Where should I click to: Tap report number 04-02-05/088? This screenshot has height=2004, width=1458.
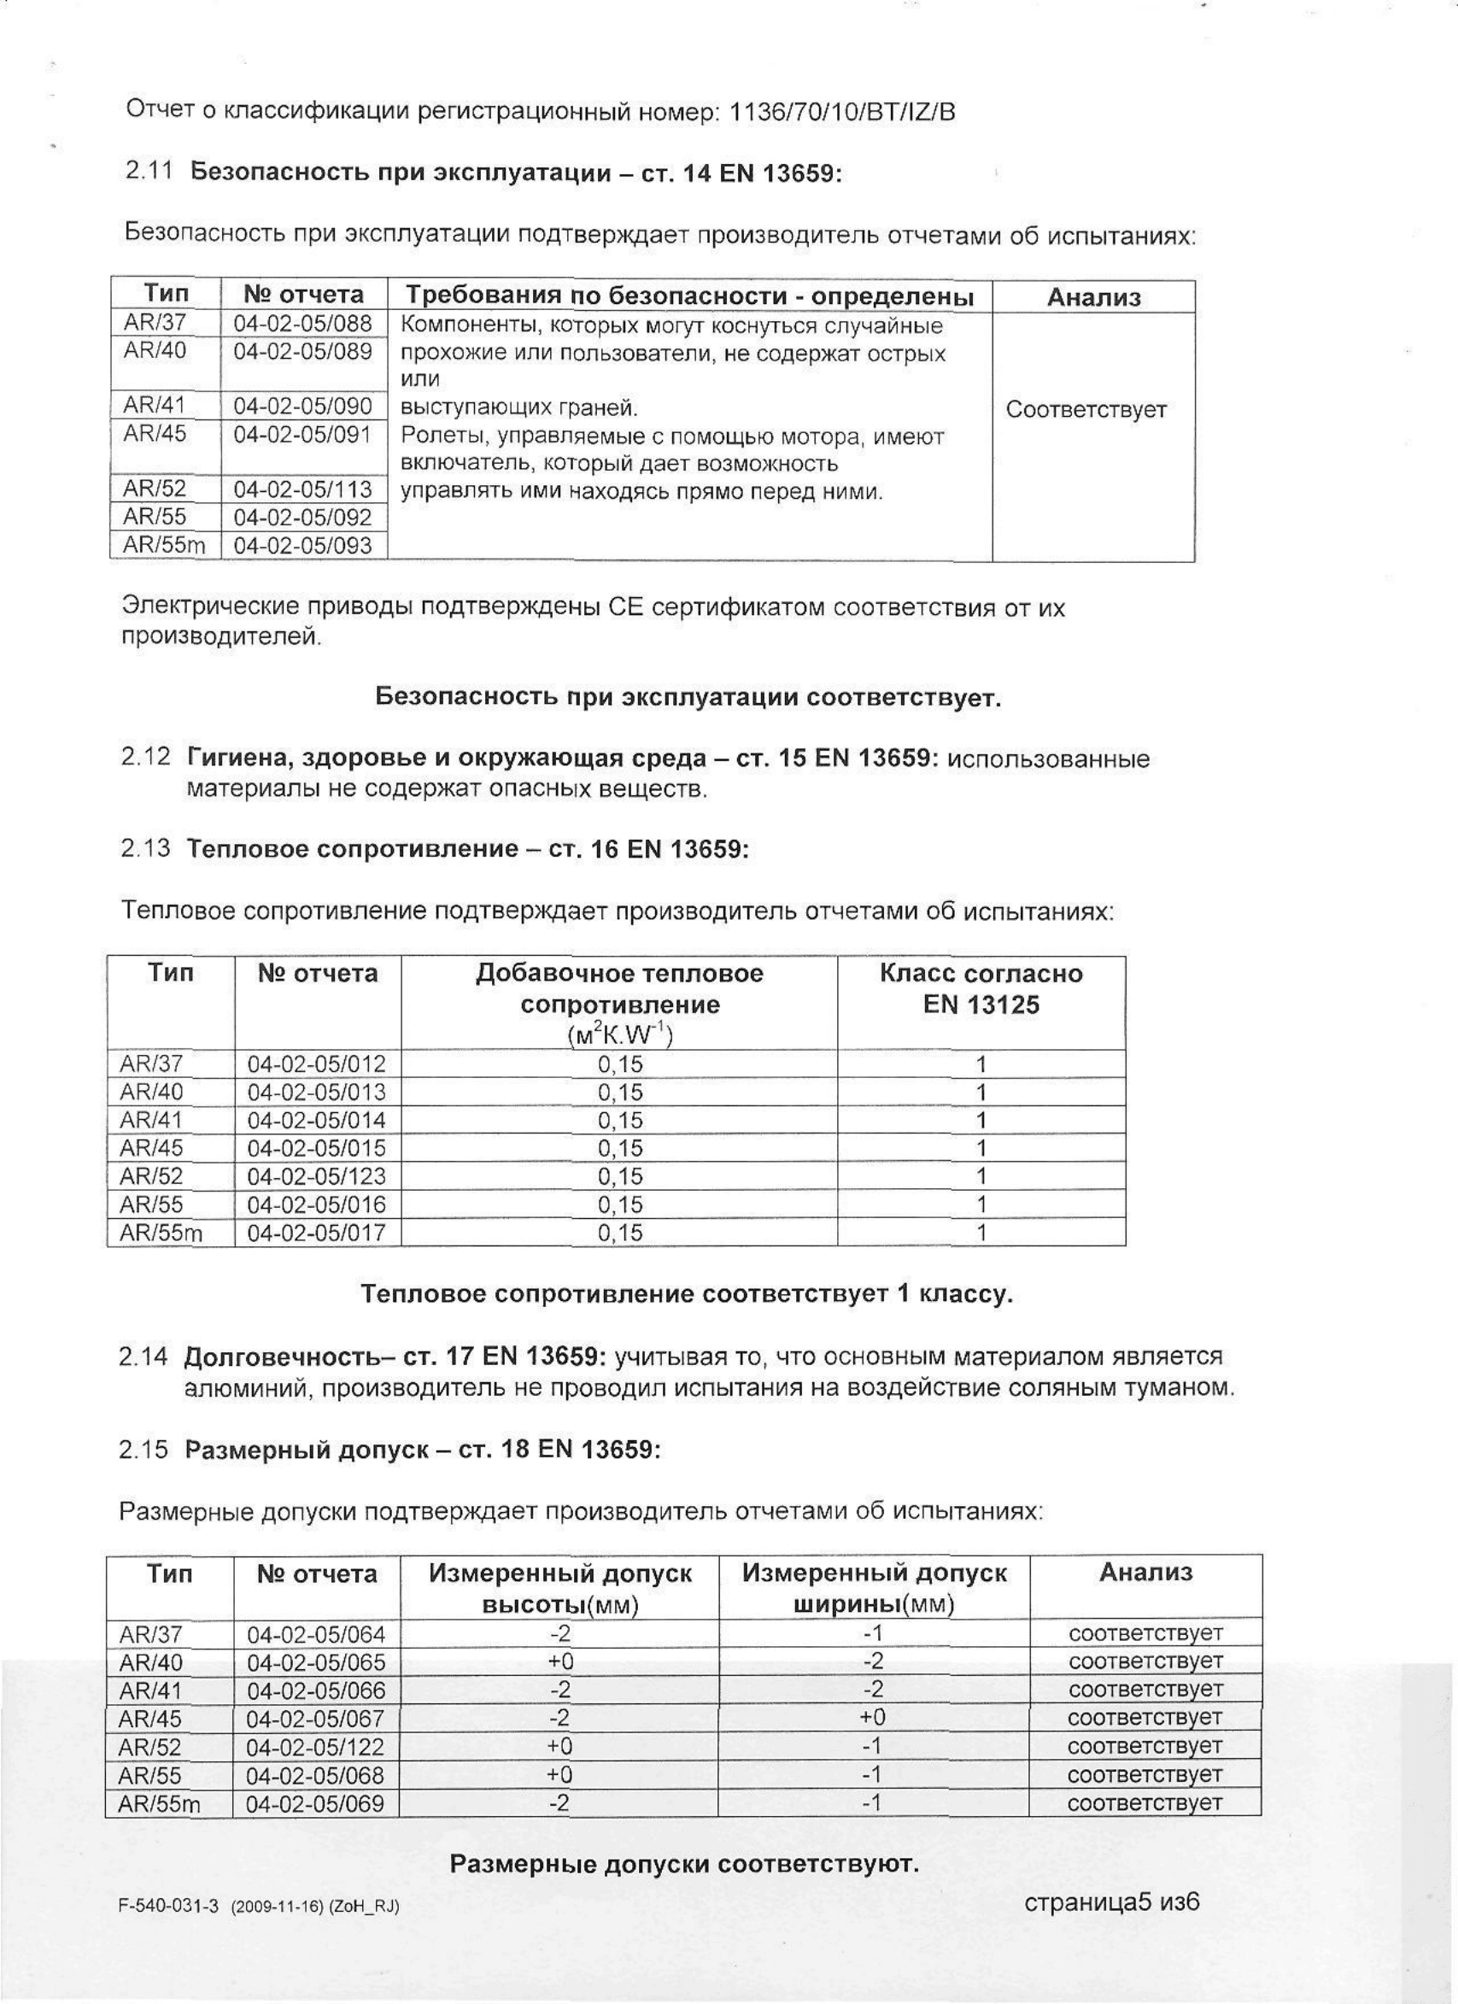coord(302,324)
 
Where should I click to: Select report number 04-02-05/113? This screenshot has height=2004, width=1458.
coord(302,489)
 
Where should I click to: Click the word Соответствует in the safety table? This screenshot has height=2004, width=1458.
coord(1086,410)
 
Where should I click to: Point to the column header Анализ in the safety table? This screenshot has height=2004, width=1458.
coord(1093,298)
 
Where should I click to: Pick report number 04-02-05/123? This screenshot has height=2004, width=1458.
coord(316,1176)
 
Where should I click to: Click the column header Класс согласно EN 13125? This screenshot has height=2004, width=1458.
coord(981,988)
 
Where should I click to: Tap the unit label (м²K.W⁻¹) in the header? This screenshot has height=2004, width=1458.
coord(619,1034)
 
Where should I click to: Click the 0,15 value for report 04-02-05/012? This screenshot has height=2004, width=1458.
coord(619,1064)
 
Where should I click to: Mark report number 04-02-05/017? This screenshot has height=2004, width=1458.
coord(316,1233)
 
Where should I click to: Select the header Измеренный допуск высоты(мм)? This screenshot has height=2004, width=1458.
coord(559,1588)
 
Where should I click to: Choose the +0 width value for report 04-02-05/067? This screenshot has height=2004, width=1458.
coord(872,1718)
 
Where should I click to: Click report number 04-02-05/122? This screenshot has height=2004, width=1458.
coord(315,1747)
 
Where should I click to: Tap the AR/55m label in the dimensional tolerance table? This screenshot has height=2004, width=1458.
coord(160,1803)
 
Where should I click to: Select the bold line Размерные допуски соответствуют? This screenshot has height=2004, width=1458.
coord(684,1865)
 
